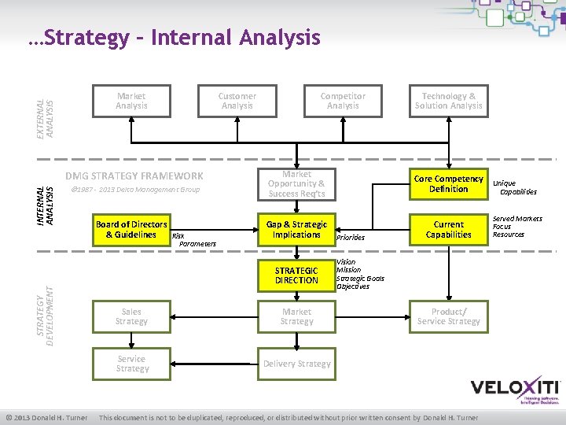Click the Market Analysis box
point(131,101)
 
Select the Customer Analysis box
point(237,101)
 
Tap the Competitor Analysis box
point(343,101)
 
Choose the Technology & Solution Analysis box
point(449,101)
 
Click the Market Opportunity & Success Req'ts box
point(296,184)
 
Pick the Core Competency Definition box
point(449,184)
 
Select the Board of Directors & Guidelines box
point(131,230)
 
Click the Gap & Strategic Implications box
point(296,230)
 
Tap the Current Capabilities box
point(449,230)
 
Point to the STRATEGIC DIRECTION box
point(296,275)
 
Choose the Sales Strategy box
point(131,316)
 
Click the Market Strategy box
point(296,316)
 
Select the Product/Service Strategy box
point(449,316)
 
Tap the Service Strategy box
point(131,364)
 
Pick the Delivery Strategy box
point(296,364)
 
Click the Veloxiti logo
point(515,390)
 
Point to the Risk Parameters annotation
point(192,239)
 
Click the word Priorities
point(350,237)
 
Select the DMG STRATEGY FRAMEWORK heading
point(134,176)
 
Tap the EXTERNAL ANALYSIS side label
point(46,98)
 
